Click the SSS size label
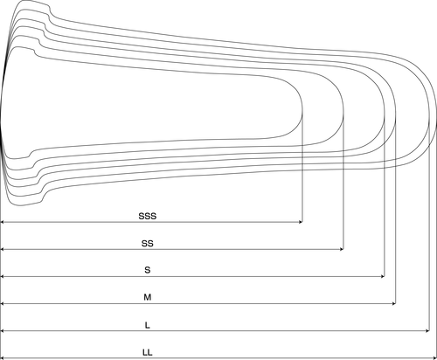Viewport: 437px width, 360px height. click(148, 216)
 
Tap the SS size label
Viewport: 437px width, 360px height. click(148, 243)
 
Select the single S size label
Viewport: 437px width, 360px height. click(148, 270)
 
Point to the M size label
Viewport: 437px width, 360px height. click(148, 297)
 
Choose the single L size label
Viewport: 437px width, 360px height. click(148, 325)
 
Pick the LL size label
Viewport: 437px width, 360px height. click(148, 352)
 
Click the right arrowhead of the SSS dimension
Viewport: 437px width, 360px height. click(301, 222)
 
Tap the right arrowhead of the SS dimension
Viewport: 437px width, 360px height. click(342, 249)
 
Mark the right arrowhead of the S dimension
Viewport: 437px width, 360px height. click(383, 276)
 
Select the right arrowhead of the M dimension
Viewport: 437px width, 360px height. click(394, 304)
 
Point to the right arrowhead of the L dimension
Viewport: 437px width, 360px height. click(427, 331)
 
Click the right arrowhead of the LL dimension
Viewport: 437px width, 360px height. click(434, 358)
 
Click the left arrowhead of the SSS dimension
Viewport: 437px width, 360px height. click(3, 222)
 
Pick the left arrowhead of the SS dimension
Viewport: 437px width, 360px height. click(3, 249)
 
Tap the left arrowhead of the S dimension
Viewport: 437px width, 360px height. click(3, 276)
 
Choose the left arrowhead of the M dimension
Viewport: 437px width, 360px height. click(3, 304)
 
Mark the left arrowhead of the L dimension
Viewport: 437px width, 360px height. click(3, 331)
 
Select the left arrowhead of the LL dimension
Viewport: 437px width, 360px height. click(3, 358)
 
